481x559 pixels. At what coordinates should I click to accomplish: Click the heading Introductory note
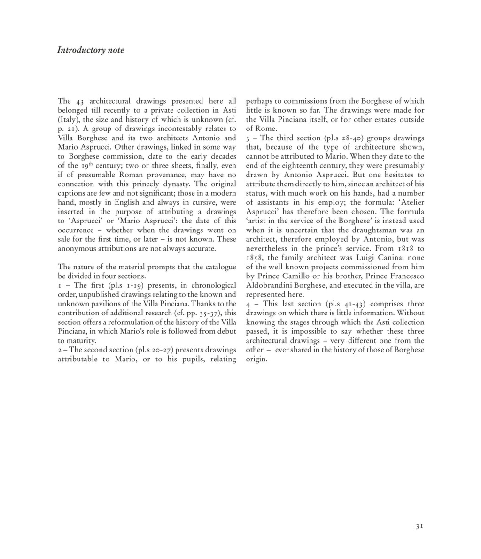tap(91, 50)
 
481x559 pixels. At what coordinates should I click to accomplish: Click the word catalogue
tap(221, 267)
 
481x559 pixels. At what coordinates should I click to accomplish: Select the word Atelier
tap(410, 202)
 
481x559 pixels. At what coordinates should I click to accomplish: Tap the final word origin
tap(256, 359)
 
